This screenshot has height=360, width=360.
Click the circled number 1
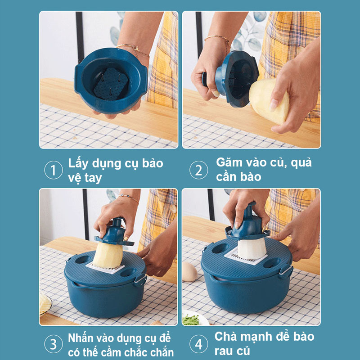click(53, 170)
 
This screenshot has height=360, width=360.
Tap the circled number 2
click(198, 170)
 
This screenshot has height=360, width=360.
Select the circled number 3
click(53, 344)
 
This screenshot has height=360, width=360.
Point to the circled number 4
click(198, 344)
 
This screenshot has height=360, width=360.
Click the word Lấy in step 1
click(78, 163)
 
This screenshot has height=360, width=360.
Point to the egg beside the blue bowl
click(189, 271)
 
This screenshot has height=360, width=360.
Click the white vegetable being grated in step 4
click(251, 248)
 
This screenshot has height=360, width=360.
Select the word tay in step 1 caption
click(92, 177)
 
